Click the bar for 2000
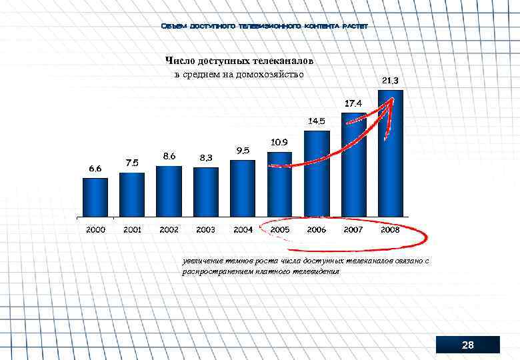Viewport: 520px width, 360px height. (x=95, y=197)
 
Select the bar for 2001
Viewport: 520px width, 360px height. (x=132, y=195)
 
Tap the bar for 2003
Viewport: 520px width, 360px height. (x=206, y=192)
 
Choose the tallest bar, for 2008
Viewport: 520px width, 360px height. (x=390, y=153)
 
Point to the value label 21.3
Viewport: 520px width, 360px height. (x=391, y=81)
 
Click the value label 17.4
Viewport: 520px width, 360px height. (x=353, y=104)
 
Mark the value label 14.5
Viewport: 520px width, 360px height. (x=316, y=121)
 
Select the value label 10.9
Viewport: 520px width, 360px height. (x=279, y=143)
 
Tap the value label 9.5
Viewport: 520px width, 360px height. (x=243, y=151)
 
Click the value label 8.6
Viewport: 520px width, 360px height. (x=169, y=156)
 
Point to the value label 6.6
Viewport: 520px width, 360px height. (x=95, y=169)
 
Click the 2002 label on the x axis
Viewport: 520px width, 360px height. (x=169, y=230)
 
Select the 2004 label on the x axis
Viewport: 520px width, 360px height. (x=243, y=230)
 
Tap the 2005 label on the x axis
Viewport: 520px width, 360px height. (x=279, y=230)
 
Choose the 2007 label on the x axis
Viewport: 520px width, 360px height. (x=353, y=230)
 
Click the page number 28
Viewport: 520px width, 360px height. (x=467, y=345)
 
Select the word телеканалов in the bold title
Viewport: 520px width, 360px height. (x=280, y=61)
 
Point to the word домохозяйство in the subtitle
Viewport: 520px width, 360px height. (x=270, y=74)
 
